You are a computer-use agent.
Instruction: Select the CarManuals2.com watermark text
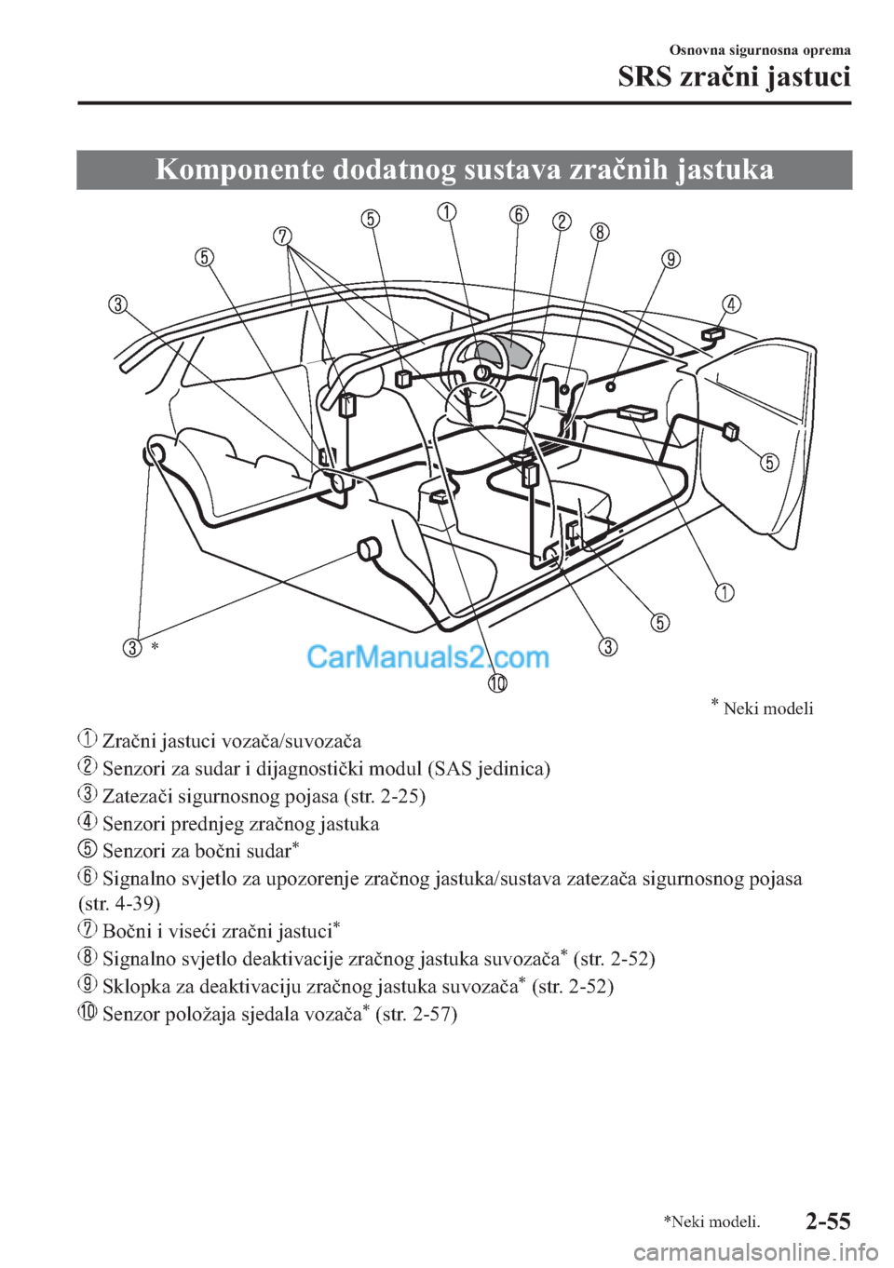427,657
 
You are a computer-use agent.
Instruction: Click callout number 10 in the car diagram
497,684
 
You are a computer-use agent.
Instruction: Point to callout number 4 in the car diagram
732,304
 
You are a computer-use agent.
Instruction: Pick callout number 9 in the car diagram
670,259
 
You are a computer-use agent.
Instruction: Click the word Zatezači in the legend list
135,796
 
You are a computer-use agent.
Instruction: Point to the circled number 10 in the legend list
87,1013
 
